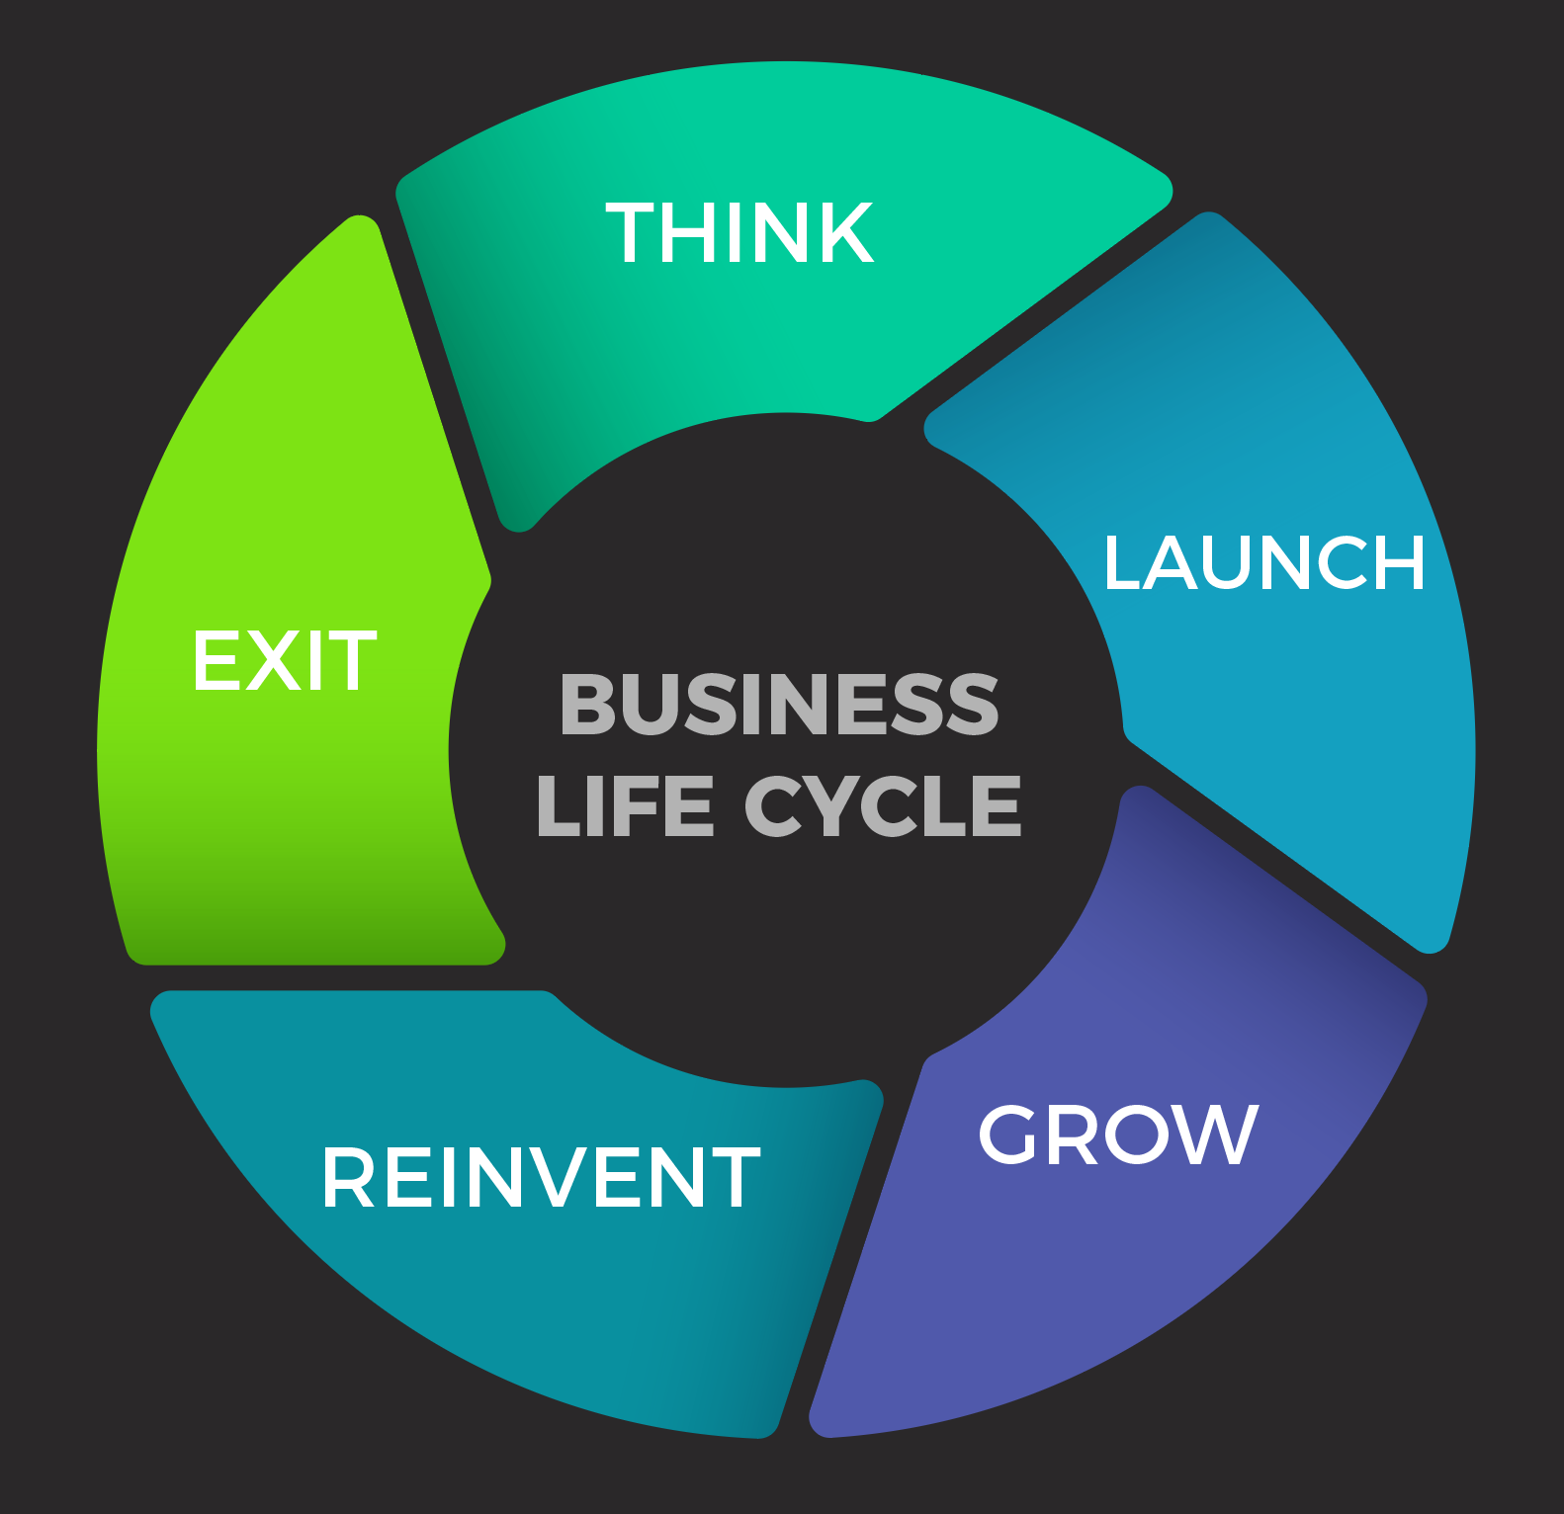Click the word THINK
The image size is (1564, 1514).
point(739,233)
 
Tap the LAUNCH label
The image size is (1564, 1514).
point(1263,563)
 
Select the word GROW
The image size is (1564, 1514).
point(1118,1135)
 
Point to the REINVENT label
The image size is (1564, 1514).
point(541,1178)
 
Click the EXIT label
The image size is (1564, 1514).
point(284,661)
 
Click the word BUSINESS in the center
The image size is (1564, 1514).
point(779,705)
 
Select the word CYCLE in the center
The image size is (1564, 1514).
point(882,805)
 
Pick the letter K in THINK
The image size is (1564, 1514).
point(846,233)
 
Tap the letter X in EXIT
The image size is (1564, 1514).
point(275,661)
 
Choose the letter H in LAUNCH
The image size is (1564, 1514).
point(1398,563)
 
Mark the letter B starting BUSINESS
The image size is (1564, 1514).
point(588,705)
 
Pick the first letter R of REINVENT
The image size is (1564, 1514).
point(347,1178)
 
